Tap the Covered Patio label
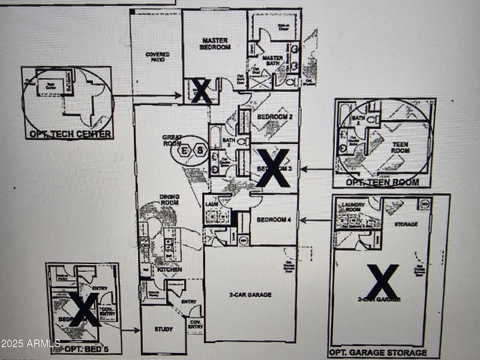[x=157, y=57]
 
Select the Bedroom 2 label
[x=274, y=118]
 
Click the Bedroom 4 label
[x=274, y=220]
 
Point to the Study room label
[x=163, y=329]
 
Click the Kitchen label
[x=170, y=270]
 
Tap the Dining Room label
[x=169, y=199]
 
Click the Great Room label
[x=172, y=140]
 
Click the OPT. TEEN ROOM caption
[x=382, y=182]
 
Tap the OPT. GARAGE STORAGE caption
[x=378, y=353]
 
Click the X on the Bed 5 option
[x=83, y=309]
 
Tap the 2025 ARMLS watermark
[x=30, y=344]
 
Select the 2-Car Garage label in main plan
[x=251, y=295]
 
